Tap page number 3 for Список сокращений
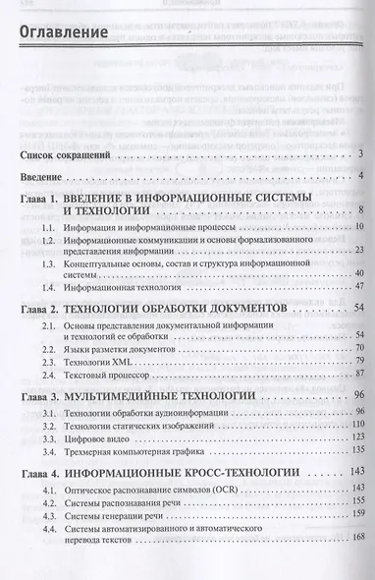pos(361,154)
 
